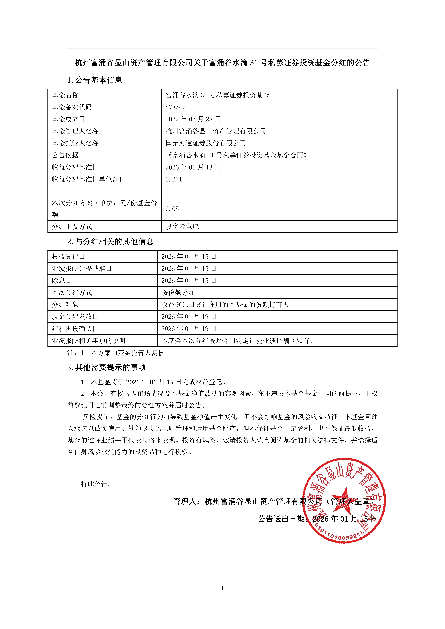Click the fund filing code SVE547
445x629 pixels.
click(x=175, y=107)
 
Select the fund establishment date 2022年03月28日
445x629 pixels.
click(x=193, y=119)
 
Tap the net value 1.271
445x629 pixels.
click(x=174, y=179)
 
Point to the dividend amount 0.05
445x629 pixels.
click(x=172, y=209)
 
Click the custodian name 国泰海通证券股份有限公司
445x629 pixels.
click(x=206, y=143)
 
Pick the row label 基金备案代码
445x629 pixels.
click(x=72, y=107)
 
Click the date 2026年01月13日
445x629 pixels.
click(x=193, y=167)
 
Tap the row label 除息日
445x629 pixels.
click(x=62, y=281)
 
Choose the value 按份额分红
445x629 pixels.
click(x=178, y=293)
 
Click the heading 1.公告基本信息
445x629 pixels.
click(x=95, y=80)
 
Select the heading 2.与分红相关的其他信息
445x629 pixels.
click(x=110, y=241)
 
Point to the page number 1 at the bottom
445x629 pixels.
click(x=222, y=588)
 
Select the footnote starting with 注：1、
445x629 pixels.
click(x=118, y=353)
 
